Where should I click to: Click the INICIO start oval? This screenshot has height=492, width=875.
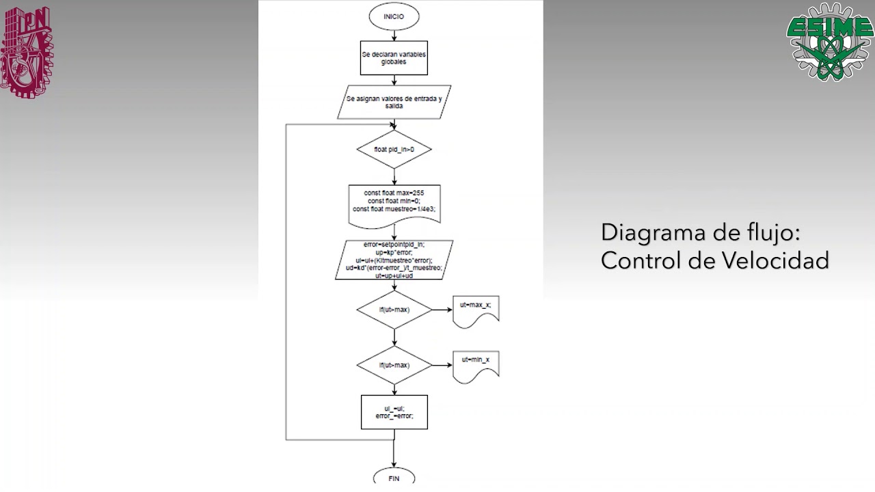pyautogui.click(x=394, y=16)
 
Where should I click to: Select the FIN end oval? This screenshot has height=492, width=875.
pyautogui.click(x=394, y=478)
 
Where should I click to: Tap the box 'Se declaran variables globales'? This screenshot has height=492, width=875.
pyautogui.click(x=394, y=57)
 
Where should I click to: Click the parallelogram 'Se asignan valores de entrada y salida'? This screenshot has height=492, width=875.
pyautogui.click(x=394, y=102)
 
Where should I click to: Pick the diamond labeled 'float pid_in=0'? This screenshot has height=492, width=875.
pyautogui.click(x=394, y=149)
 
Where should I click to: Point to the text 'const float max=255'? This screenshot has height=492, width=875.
pyautogui.click(x=394, y=193)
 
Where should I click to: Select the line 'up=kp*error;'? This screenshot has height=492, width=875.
pyautogui.click(x=394, y=252)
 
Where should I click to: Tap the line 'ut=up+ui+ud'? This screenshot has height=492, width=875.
pyautogui.click(x=394, y=275)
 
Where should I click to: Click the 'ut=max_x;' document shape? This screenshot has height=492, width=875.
pyautogui.click(x=476, y=311)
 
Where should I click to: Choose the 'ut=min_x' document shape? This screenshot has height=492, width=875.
pyautogui.click(x=476, y=365)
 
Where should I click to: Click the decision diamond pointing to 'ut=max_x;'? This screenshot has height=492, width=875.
pyautogui.click(x=394, y=310)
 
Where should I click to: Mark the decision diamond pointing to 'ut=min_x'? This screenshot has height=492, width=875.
pyautogui.click(x=394, y=365)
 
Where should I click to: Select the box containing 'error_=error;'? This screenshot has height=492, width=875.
pyautogui.click(x=394, y=412)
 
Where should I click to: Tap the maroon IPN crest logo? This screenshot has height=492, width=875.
pyautogui.click(x=26, y=53)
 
